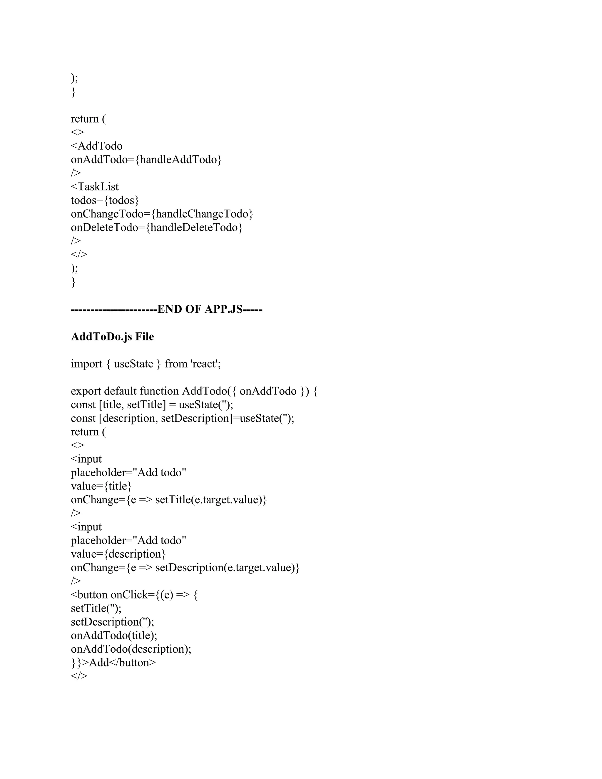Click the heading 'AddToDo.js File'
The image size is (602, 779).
[112, 337]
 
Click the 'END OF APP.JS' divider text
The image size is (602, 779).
[167, 309]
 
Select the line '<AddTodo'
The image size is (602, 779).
[97, 146]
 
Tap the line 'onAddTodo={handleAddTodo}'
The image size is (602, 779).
[146, 159]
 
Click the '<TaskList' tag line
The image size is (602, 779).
[95, 187]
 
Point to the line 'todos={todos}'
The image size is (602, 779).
[105, 200]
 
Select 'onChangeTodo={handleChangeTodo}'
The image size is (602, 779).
[162, 214]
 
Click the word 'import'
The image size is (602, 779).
[87, 364]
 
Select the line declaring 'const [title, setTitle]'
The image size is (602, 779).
[152, 404]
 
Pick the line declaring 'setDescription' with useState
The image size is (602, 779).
[183, 418]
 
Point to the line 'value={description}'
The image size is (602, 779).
[118, 554]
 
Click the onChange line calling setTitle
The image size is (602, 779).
[169, 500]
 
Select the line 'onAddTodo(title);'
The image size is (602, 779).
[114, 635]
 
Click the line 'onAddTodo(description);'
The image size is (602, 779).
[131, 649]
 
